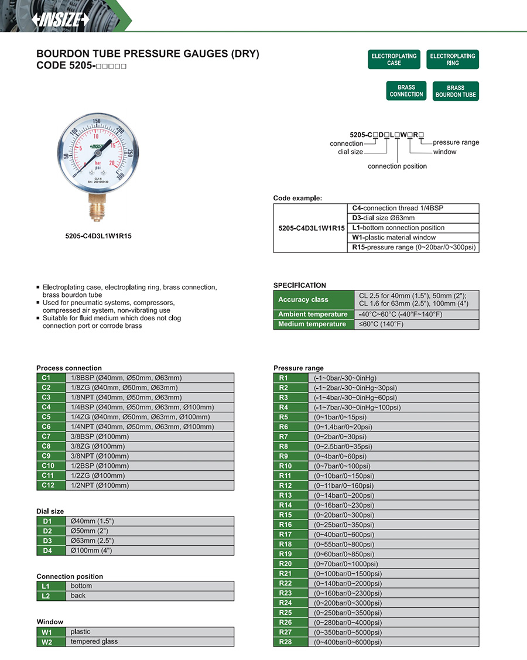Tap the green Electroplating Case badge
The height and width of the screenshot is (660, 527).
[x=394, y=59]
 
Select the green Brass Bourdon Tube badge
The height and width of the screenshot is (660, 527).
[x=456, y=91]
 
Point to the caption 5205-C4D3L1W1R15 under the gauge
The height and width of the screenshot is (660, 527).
[x=94, y=237]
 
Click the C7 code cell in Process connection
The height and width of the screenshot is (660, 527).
[x=47, y=436]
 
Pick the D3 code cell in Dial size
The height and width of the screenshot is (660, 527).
[x=47, y=541]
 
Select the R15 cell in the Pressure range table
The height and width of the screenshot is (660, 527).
[x=285, y=515]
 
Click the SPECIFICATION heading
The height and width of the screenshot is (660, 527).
[x=300, y=285]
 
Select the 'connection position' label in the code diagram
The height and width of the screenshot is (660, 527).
[x=397, y=166]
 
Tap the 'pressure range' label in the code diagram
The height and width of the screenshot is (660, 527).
[x=456, y=142]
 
